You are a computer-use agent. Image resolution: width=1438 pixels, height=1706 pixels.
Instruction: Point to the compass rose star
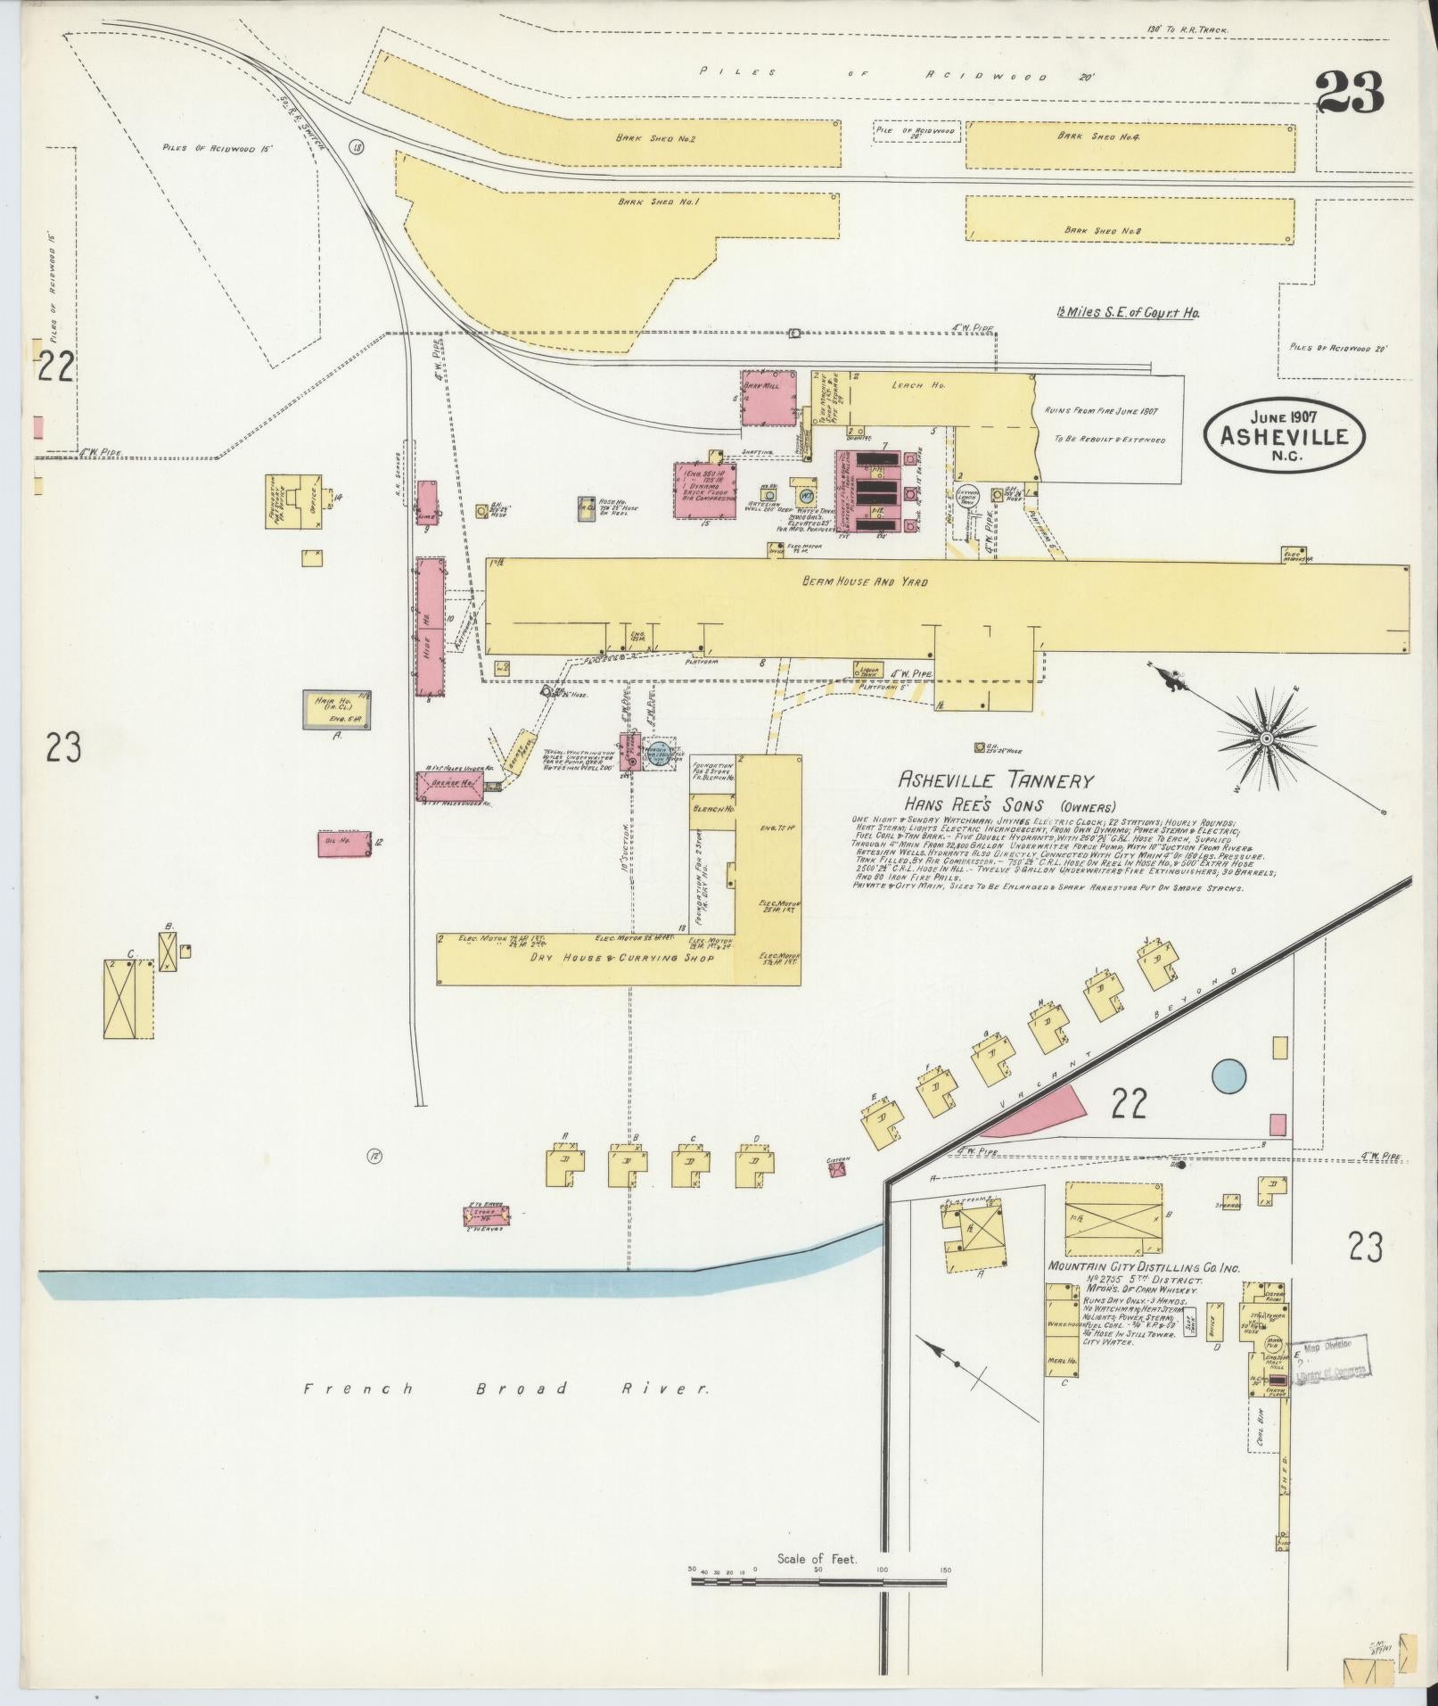coord(1265,739)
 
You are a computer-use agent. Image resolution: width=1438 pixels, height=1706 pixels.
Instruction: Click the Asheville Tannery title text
coord(995,781)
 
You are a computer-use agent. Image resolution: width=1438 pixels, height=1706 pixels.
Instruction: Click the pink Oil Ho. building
coord(344,844)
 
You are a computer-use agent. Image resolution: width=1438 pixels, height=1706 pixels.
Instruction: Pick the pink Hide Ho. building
coord(430,627)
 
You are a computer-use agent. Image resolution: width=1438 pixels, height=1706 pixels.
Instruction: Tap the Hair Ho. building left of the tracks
coord(337,710)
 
